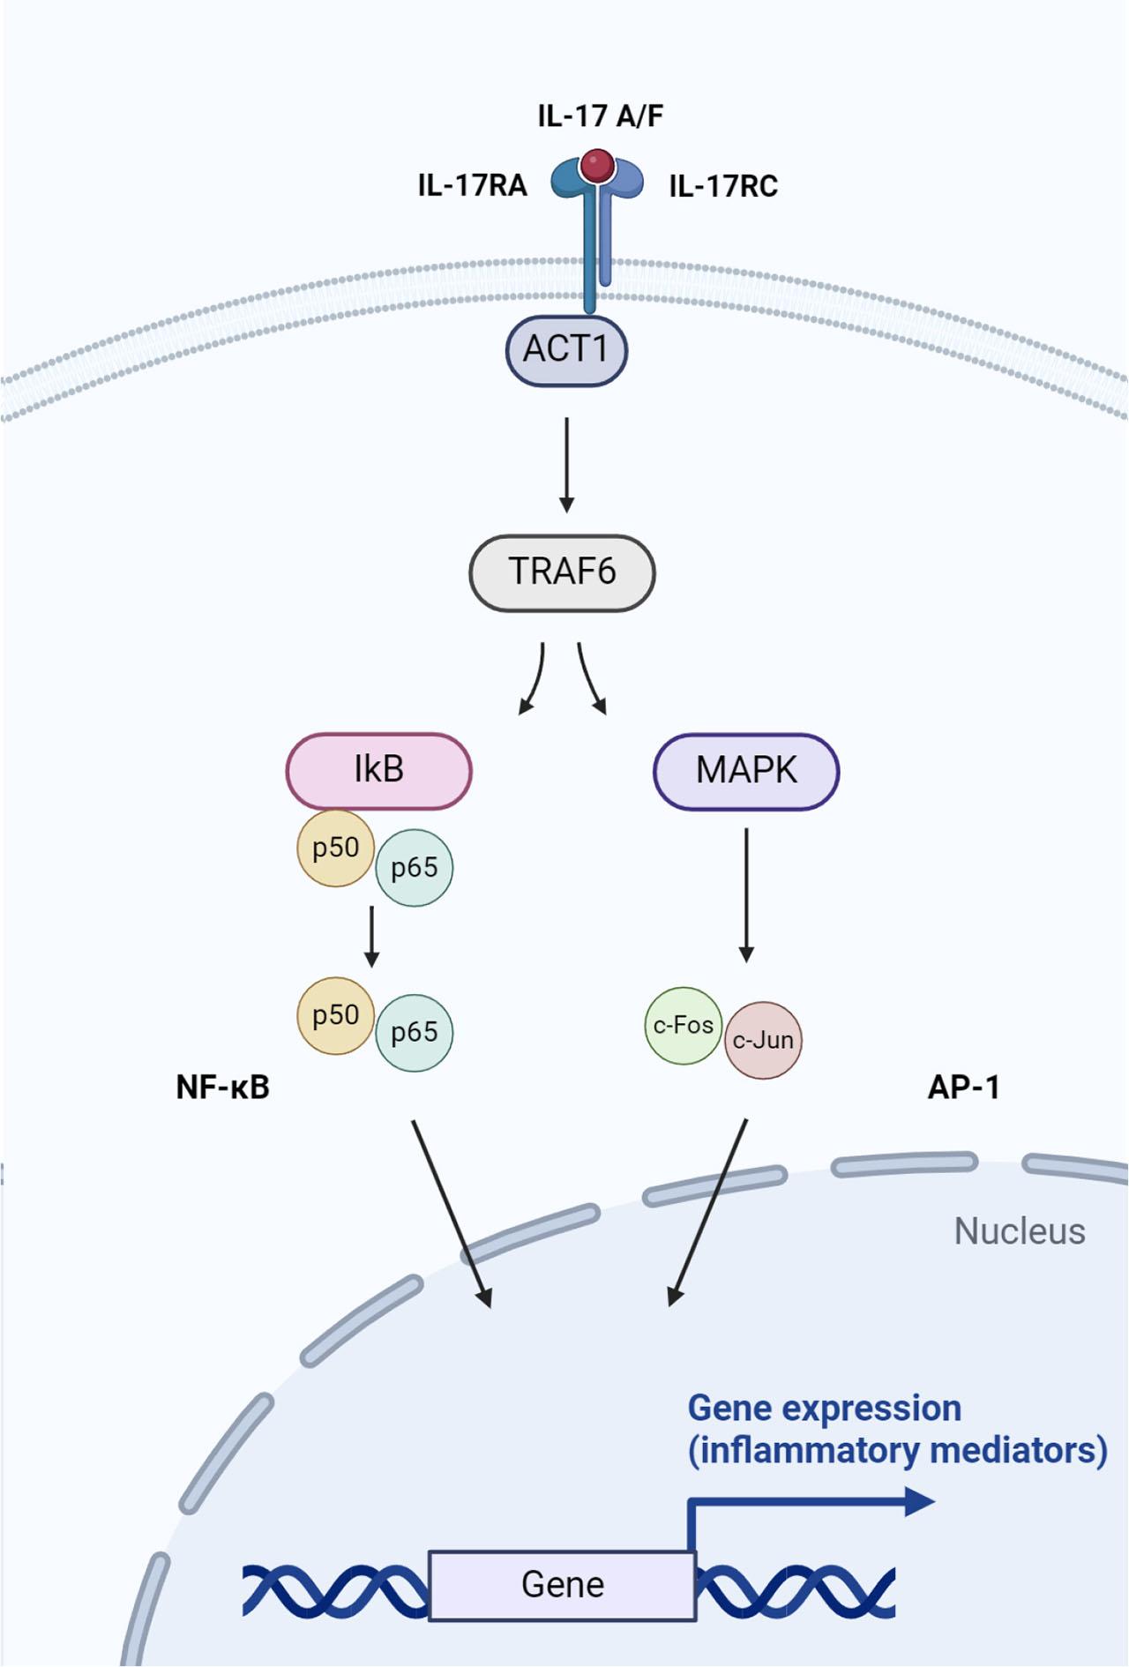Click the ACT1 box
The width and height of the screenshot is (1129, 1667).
(x=566, y=350)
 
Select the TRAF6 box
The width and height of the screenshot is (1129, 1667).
(x=562, y=572)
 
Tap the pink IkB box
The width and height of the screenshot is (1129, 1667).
(x=378, y=770)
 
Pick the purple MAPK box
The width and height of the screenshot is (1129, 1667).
(x=746, y=771)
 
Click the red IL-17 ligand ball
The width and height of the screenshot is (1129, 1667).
(x=597, y=165)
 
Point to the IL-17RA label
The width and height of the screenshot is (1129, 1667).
(x=472, y=186)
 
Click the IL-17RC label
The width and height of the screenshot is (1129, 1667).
(x=723, y=187)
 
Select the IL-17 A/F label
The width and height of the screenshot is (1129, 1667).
(x=600, y=116)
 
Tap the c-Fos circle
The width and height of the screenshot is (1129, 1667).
(x=683, y=1025)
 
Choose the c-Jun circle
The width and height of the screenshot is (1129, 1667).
(x=764, y=1040)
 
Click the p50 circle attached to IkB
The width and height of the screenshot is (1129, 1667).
(x=335, y=848)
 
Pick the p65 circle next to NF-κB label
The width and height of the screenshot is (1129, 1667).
(x=414, y=1032)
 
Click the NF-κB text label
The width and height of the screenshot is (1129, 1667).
(x=222, y=1088)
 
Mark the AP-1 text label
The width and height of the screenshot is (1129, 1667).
(x=963, y=1088)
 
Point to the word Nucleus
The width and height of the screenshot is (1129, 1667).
(x=1019, y=1231)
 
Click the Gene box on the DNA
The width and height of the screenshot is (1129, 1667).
(x=562, y=1585)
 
